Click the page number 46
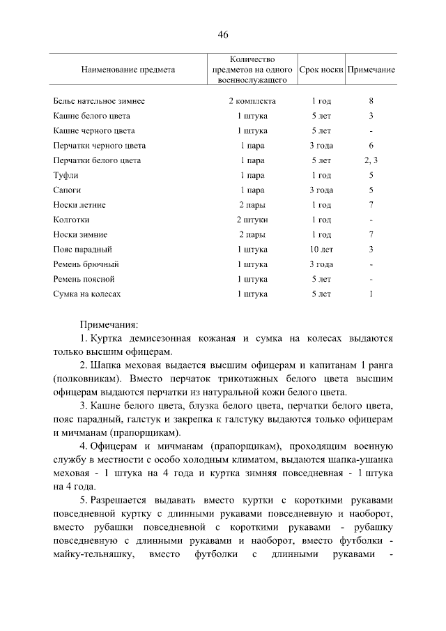[x=223, y=35]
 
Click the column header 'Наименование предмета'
[x=128, y=70]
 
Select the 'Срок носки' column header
[x=321, y=70]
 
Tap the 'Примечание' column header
[x=371, y=70]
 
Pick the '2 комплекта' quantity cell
[x=252, y=101]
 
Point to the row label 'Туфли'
[x=66, y=175]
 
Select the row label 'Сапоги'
[x=68, y=190]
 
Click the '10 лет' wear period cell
[x=321, y=249]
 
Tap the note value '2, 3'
[x=371, y=160]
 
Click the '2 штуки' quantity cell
[x=252, y=220]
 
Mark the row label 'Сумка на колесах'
[x=87, y=294]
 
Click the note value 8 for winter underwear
[x=371, y=101]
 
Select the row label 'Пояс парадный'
[x=83, y=249]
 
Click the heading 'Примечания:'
[x=109, y=324]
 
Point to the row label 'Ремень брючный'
[x=86, y=264]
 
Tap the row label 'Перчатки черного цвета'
[x=100, y=146]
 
